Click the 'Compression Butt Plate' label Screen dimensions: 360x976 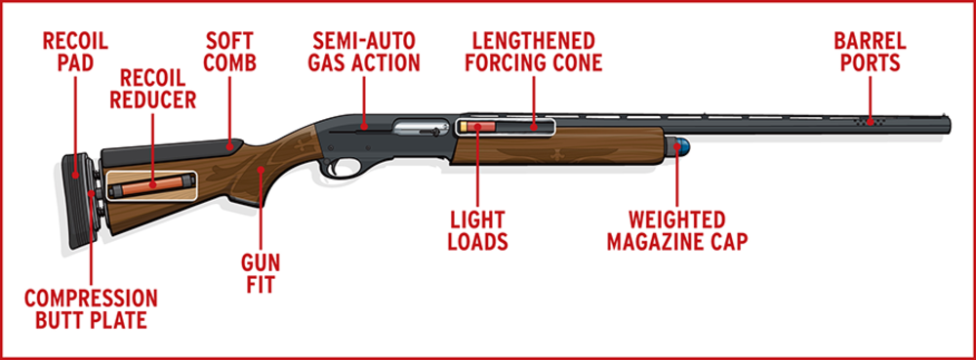[x=90, y=309]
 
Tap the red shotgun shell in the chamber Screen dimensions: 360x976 [x=477, y=126]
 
